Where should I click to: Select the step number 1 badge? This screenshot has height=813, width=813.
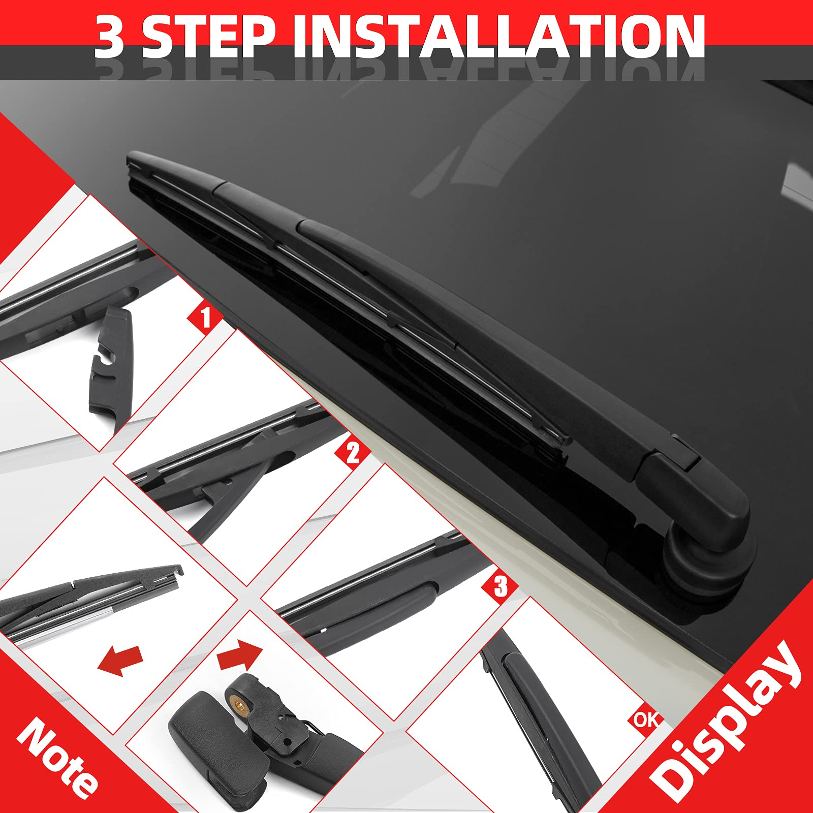(x=205, y=318)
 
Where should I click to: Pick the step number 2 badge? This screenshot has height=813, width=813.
(x=352, y=452)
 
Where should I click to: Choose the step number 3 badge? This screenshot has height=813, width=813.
(x=500, y=586)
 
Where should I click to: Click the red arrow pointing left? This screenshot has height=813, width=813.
(x=120, y=660)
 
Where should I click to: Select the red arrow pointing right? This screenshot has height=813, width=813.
(x=240, y=655)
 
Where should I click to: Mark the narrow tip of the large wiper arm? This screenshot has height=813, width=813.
(x=133, y=160)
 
